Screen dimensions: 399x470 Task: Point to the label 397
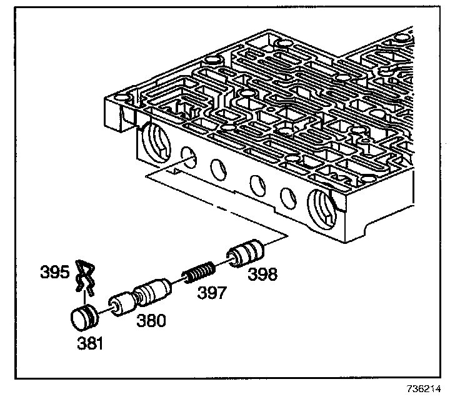coord(212,293)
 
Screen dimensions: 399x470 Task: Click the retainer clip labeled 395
coord(84,276)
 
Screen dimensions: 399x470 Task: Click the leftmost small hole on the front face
coord(185,156)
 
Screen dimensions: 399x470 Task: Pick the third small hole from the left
coord(255,183)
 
